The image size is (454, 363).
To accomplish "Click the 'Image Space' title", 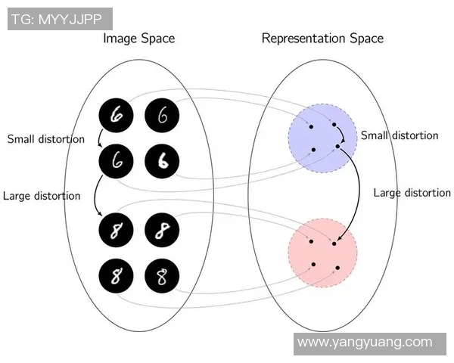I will point(138,39).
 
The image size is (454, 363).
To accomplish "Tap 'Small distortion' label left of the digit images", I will point(45,139).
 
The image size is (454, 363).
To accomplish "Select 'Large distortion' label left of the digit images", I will point(42,196).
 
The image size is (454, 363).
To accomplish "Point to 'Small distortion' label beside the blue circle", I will point(399,136).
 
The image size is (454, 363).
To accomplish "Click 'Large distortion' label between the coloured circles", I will point(412,193).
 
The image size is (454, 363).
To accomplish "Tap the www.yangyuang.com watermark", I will point(375,343).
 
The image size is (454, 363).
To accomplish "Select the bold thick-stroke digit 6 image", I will point(160,160).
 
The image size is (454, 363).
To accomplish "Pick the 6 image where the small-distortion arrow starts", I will point(117,114).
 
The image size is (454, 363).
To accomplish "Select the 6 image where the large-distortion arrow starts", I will point(117,160).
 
